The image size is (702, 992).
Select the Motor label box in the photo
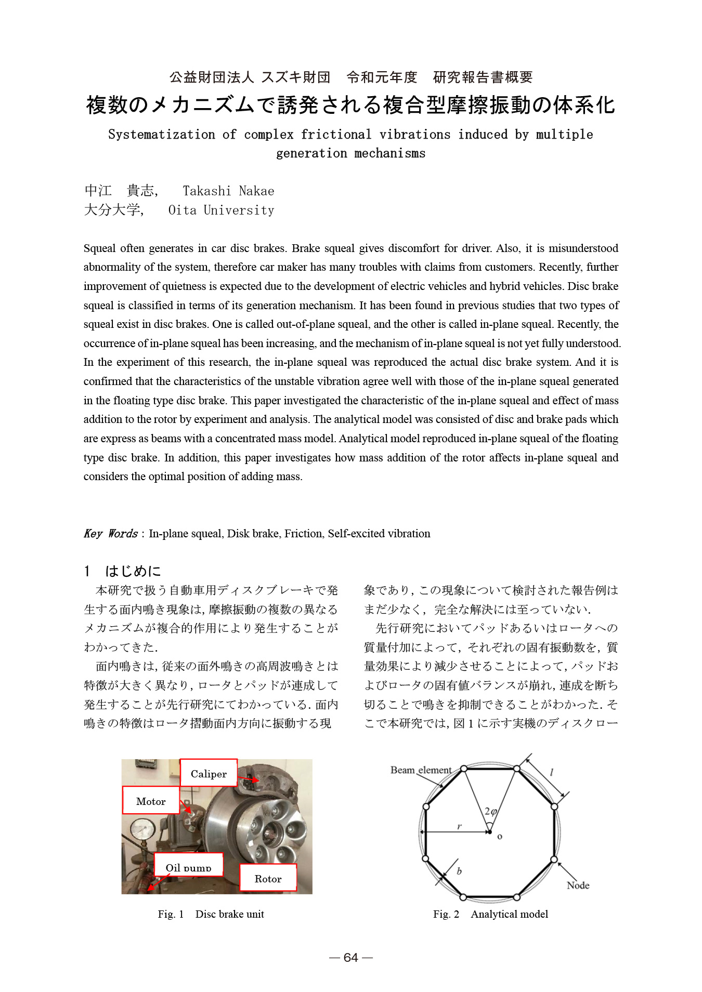[151, 801]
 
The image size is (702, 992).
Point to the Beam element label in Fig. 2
[421, 770]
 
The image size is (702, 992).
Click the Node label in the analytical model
[578, 885]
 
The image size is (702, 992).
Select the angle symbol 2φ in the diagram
[491, 811]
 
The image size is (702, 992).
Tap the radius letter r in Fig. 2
[459, 826]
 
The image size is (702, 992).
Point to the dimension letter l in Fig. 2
[551, 773]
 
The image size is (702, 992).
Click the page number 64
[351, 958]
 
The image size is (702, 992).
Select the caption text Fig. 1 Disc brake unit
[211, 914]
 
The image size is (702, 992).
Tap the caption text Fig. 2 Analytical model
[490, 914]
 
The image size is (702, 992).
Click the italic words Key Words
[110, 534]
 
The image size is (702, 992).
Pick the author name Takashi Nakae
[228, 191]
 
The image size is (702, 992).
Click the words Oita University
[221, 210]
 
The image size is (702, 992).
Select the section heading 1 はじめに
[123, 571]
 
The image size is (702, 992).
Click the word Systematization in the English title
[161, 135]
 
